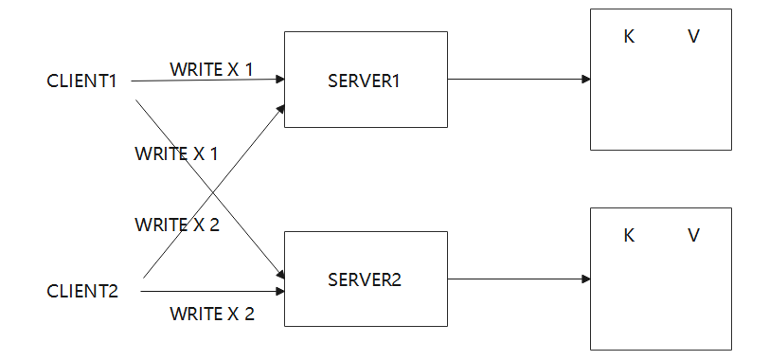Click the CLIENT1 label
point(81,81)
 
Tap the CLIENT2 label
point(82,291)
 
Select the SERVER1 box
point(365,80)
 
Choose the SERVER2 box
point(365,279)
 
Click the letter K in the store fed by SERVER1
point(629,37)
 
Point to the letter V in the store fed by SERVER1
point(693,37)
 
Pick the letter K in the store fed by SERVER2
point(629,236)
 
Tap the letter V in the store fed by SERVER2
point(693,236)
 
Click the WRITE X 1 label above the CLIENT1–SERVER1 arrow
point(211,69)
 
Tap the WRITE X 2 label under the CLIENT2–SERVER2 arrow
point(211,314)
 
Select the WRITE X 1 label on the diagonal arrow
point(176,153)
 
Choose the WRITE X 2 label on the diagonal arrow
point(176,225)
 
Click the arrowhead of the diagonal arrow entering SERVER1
point(280,107)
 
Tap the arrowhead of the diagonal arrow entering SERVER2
point(279,272)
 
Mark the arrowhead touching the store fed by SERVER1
point(585,80)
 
